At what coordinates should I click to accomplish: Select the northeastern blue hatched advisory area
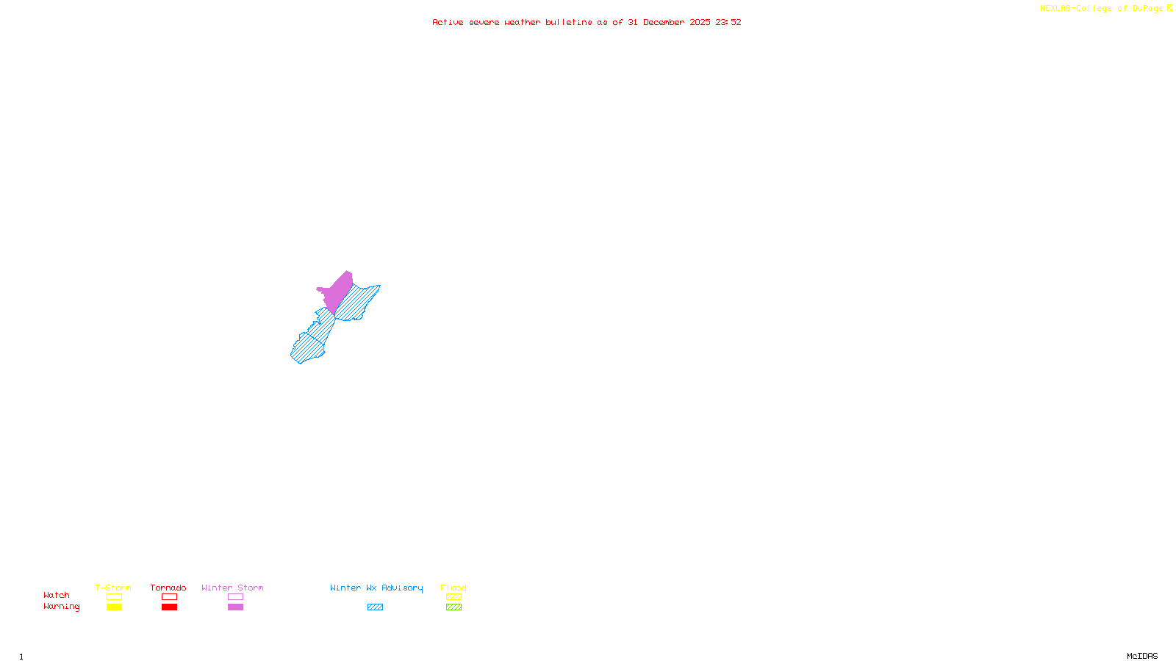(x=356, y=302)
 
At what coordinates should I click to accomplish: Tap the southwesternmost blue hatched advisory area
(x=306, y=349)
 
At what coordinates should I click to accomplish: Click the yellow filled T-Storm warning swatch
(x=114, y=607)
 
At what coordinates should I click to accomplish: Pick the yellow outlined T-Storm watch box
(x=114, y=597)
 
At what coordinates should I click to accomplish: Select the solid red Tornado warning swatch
(x=169, y=607)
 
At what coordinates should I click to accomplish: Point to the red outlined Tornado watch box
(x=169, y=597)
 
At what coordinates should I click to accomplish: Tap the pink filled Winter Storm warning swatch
(x=235, y=607)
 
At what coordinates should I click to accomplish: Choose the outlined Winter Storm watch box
(x=235, y=597)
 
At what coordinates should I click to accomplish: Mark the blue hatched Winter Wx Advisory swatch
(x=375, y=607)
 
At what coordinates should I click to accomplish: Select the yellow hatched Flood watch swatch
(x=453, y=597)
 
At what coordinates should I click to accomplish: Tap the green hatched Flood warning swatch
(x=453, y=607)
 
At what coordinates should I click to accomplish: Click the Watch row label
(x=57, y=596)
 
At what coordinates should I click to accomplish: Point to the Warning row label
(x=61, y=607)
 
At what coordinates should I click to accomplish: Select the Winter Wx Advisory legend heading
(x=376, y=588)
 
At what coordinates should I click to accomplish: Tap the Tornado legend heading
(x=168, y=588)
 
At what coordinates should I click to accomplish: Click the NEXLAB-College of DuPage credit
(x=1102, y=9)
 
